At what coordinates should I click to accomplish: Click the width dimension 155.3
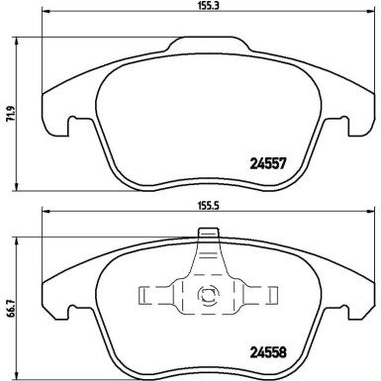pos(207,7)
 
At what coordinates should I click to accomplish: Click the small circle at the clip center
pos(208,293)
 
